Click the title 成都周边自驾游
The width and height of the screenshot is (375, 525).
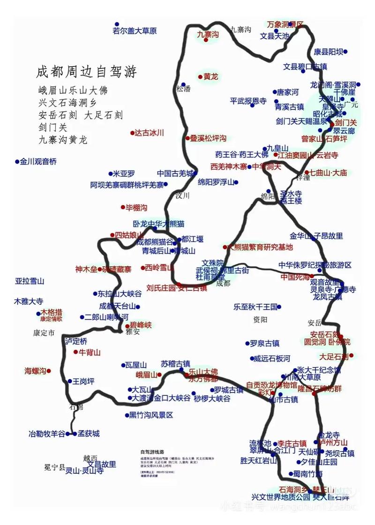pyautogui.click(x=87, y=72)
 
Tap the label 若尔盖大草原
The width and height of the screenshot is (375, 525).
pyautogui.click(x=135, y=31)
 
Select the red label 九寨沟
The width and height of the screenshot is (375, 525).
pyautogui.click(x=208, y=34)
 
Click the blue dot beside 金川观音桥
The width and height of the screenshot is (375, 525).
pyautogui.click(x=17, y=162)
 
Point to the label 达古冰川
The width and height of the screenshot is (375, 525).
pyautogui.click(x=150, y=133)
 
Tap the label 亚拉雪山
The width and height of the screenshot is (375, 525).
pyautogui.click(x=29, y=281)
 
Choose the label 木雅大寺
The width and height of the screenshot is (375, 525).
pyautogui.click(x=29, y=301)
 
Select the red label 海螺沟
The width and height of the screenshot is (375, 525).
pyautogui.click(x=36, y=371)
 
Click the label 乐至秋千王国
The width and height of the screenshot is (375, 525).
pyautogui.click(x=255, y=307)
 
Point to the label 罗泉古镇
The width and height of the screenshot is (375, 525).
pyautogui.click(x=265, y=343)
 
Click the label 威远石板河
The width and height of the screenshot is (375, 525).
pyautogui.click(x=270, y=358)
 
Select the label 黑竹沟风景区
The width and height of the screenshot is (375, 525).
pyautogui.click(x=151, y=415)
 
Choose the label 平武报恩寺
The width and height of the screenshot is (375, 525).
pyautogui.click(x=248, y=101)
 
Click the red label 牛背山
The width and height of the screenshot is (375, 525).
pyautogui.click(x=90, y=352)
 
